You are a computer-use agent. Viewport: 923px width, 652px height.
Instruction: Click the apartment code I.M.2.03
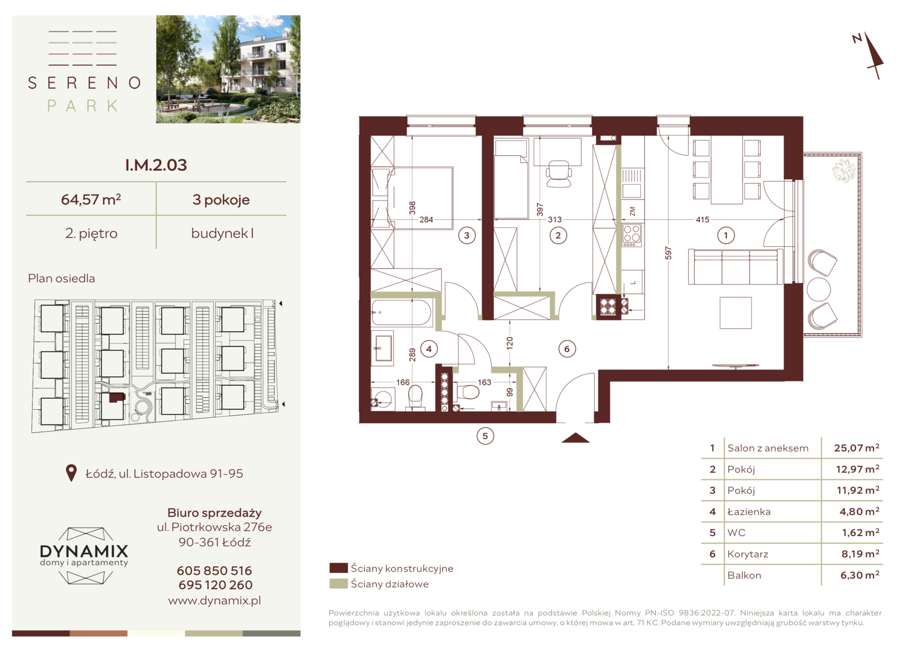point(156,165)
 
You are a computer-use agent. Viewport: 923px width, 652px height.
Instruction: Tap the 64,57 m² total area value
point(91,199)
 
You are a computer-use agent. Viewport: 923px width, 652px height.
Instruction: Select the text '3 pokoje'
point(221,200)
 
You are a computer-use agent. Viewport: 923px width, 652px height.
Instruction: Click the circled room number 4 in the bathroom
point(429,349)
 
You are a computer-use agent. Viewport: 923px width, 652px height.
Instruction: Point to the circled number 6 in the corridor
point(567,349)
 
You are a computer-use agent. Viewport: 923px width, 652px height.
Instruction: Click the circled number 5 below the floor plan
point(485,436)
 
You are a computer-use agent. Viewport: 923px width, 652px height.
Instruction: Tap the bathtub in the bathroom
point(401,313)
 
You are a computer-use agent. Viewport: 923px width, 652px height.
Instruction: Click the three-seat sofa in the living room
point(736,266)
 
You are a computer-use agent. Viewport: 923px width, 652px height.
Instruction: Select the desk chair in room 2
point(559,173)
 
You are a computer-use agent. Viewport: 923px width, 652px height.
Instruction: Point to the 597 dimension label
point(668,253)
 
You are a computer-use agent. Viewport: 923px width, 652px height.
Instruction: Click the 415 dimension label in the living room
point(703,220)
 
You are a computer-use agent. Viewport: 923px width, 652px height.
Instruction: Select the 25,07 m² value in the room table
point(857,448)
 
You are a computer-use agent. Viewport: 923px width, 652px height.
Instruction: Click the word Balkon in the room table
point(744,575)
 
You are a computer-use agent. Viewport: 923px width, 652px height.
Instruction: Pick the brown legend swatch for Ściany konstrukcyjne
point(338,568)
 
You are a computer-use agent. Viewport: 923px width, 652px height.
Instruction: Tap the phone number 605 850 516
point(214,570)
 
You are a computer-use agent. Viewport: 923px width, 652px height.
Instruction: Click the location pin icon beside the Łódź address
point(71,473)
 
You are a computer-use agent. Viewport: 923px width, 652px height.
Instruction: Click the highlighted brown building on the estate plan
point(117,398)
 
